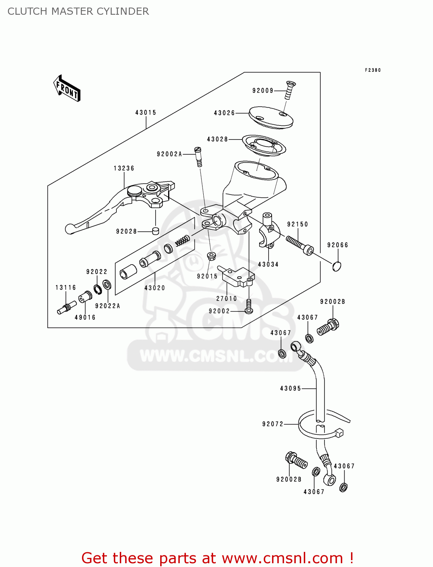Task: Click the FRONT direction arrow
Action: click(67, 88)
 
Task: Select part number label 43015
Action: click(145, 113)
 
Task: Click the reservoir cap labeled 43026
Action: click(271, 116)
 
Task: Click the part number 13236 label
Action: click(124, 168)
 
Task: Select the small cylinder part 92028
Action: click(155, 231)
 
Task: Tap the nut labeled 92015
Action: click(212, 256)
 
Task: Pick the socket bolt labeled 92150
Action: click(300, 245)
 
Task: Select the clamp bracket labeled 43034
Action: click(269, 232)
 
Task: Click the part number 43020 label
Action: click(155, 288)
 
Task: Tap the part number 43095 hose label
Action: click(291, 389)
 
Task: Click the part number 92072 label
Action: click(273, 424)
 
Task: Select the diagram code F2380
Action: click(373, 70)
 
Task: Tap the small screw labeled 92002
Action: click(249, 306)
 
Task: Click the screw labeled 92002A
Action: click(198, 156)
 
